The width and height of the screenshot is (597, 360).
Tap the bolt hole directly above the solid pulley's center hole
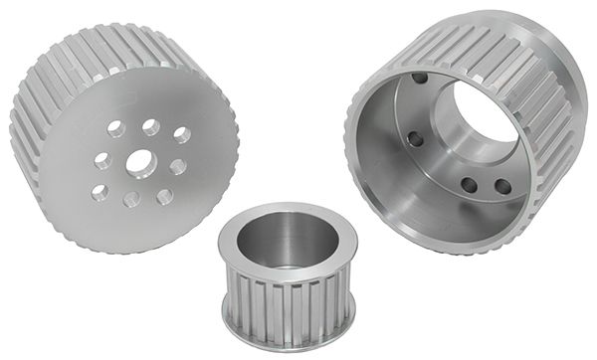(x=150, y=127)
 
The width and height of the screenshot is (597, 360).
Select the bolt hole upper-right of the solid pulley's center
(x=181, y=134)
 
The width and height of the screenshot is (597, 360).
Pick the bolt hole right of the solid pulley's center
(x=177, y=166)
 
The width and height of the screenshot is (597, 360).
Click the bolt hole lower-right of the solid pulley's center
(x=164, y=196)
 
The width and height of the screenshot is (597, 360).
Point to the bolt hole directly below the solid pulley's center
(x=131, y=199)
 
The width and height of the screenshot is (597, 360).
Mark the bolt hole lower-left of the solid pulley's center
(x=99, y=191)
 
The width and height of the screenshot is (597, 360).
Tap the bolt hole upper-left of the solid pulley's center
(x=116, y=128)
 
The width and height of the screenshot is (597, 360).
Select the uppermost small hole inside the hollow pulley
(x=419, y=79)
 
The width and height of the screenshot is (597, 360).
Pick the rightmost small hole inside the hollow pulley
(x=502, y=186)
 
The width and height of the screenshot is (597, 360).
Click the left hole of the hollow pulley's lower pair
(x=468, y=184)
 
